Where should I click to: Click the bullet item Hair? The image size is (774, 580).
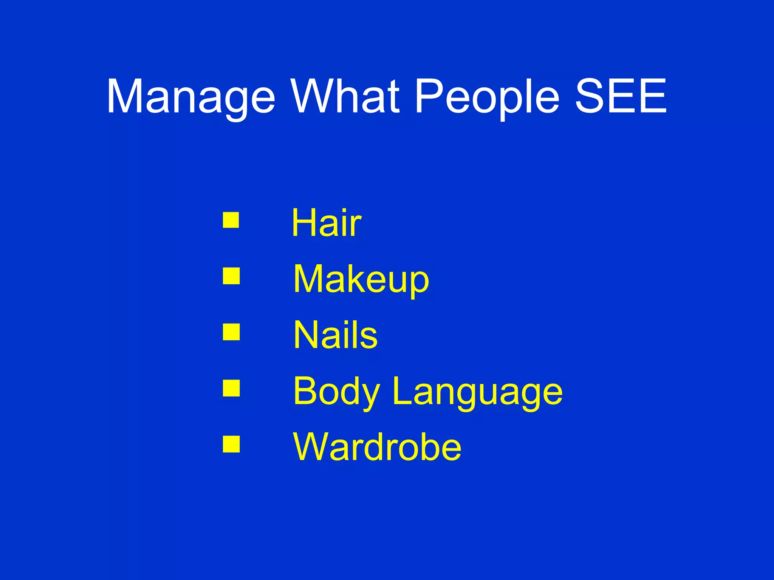327,223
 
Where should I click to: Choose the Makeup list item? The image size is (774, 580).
361,279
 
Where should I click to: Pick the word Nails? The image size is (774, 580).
335,335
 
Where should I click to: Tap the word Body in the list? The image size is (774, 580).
336,391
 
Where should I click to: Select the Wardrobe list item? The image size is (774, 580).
377,447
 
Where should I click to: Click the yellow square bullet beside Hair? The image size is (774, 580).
231,220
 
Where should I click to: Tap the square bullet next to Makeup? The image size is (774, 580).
231,276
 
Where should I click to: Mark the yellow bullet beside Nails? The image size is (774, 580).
231,332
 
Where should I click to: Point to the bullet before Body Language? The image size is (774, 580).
231,388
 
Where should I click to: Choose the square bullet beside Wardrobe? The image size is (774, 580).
231,444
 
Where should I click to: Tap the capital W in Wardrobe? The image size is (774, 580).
311,446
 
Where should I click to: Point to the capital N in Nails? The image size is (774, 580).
305,335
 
